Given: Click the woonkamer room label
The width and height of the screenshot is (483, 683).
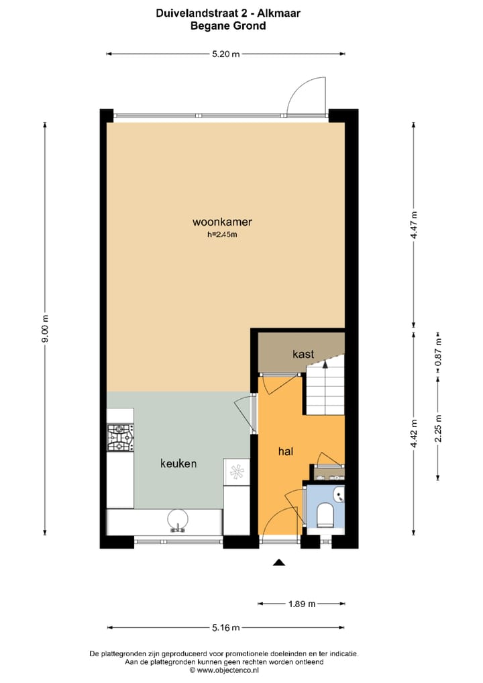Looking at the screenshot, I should [222, 222].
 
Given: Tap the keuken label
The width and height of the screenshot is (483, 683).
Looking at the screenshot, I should [178, 463].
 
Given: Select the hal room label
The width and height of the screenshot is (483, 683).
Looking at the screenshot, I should [286, 451].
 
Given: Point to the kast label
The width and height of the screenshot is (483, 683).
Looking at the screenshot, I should [303, 353].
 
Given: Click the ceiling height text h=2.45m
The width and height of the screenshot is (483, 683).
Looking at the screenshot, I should [222, 235].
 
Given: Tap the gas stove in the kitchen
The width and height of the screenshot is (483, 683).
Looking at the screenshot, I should [121, 437].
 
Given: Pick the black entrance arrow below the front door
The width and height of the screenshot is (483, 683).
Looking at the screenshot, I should [280, 563].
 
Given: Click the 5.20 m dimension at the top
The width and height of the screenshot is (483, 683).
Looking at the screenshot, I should [225, 55].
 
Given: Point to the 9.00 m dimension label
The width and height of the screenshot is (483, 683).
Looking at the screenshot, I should [46, 329].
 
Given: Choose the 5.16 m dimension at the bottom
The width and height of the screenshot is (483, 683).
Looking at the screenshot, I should [225, 628].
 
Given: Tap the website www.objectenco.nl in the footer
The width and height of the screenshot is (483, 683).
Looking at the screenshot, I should [225, 670].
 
